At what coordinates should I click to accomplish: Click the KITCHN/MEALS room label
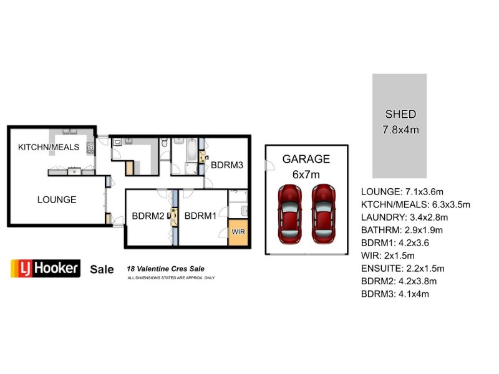(49, 147)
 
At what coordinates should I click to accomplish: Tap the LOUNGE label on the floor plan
(57, 199)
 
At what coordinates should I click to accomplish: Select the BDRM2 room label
(148, 216)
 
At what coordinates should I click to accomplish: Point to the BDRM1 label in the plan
(200, 216)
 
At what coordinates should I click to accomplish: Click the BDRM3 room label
(226, 165)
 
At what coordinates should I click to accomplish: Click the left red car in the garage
(290, 213)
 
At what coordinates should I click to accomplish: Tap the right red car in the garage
(324, 213)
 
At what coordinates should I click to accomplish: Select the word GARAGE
(306, 159)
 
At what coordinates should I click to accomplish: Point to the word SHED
(400, 114)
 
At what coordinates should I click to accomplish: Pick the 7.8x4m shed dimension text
(400, 130)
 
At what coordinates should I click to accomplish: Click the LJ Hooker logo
(46, 269)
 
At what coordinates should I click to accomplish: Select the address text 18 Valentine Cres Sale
(165, 269)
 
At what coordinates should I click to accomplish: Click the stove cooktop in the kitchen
(90, 148)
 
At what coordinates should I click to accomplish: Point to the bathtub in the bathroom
(185, 150)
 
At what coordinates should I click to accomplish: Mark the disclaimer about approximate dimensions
(171, 277)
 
